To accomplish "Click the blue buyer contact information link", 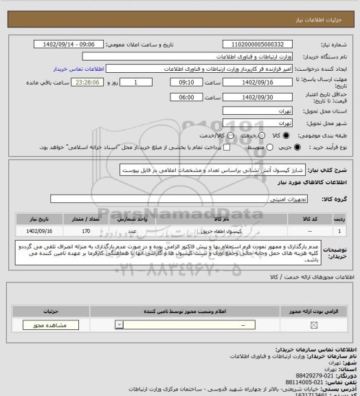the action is [77, 69].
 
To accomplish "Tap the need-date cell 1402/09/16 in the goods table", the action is [40, 231].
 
